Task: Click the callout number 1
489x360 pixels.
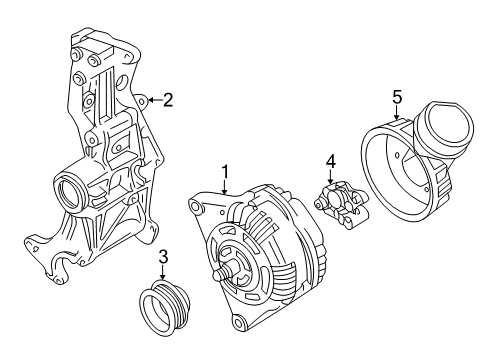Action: click(225, 172)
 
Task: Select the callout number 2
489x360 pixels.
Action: click(168, 100)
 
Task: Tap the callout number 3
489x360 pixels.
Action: click(163, 257)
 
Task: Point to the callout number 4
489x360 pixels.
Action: click(330, 162)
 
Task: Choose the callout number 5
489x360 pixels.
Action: click(397, 97)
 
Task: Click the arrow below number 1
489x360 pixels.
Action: click(225, 188)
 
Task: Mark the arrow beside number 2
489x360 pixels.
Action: click(155, 100)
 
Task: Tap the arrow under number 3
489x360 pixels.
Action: click(163, 272)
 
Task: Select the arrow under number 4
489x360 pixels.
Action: click(330, 177)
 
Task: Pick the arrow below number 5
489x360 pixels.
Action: click(397, 113)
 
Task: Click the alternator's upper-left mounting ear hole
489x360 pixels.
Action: click(195, 206)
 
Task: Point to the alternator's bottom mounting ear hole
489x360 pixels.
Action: click(238, 322)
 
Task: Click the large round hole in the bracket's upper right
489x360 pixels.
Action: click(123, 82)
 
